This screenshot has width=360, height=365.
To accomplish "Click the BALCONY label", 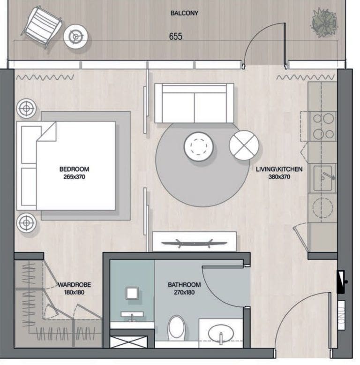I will (184, 13).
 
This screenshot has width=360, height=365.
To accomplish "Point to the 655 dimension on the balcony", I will (175, 36).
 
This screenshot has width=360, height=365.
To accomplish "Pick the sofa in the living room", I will (194, 103).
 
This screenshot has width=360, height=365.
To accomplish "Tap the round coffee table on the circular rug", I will (199, 146).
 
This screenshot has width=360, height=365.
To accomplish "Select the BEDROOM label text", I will (74, 169).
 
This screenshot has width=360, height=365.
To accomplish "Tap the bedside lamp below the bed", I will (27, 222).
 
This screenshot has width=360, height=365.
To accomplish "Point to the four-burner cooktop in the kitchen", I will (323, 126).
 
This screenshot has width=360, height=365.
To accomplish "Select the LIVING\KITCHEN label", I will (279, 169).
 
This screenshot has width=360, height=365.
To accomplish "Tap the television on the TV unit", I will (194, 243).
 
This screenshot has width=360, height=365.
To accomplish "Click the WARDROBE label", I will (74, 285).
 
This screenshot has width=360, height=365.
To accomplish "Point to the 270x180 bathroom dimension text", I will (184, 293).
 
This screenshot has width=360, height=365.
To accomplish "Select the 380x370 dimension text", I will (279, 177).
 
